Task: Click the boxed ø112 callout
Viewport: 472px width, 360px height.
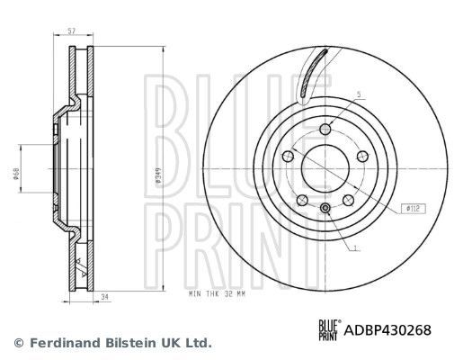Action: (x=413, y=208)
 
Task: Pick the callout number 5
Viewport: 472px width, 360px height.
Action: (x=357, y=94)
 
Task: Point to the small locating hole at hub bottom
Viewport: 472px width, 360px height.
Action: (x=325, y=211)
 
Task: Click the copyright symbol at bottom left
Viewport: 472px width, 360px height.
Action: (x=19, y=343)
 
